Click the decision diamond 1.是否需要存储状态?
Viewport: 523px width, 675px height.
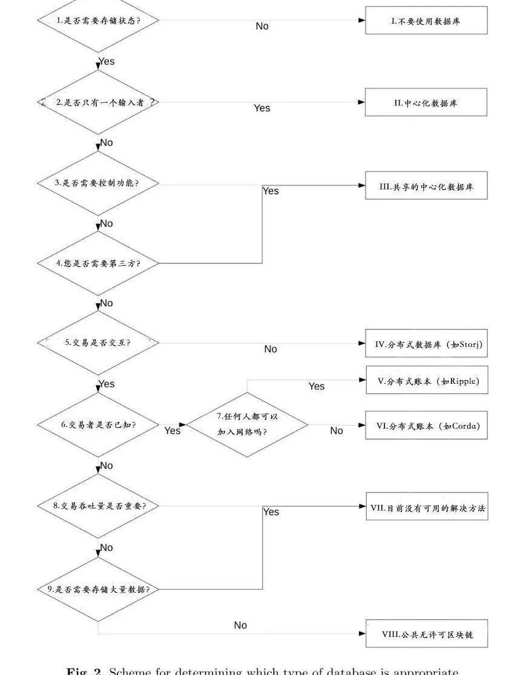[x=98, y=20]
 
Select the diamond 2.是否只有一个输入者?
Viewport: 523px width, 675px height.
[x=98, y=103]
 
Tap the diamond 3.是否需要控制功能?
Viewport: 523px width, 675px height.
[x=98, y=183]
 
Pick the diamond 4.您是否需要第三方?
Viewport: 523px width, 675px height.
[x=98, y=263]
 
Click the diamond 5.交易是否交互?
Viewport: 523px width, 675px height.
[x=98, y=343]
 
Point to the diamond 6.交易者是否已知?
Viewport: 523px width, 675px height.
[x=98, y=424]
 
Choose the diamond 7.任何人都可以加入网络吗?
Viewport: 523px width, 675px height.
[x=247, y=424]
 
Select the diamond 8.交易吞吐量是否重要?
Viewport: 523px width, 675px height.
[x=98, y=505]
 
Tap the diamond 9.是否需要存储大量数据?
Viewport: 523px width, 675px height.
[x=98, y=588]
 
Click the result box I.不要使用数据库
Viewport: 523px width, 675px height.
[x=426, y=20]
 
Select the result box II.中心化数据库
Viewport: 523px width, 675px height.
[x=426, y=102]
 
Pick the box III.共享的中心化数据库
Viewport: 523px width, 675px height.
[x=426, y=186]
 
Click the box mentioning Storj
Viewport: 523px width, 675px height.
[x=426, y=344]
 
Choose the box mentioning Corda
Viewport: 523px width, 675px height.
[x=426, y=426]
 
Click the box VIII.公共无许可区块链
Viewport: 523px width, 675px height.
[x=426, y=634]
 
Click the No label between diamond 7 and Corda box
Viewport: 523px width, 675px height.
[x=337, y=430]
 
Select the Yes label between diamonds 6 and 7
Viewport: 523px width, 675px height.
[x=173, y=430]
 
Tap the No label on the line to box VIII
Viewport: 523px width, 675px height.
[x=240, y=625]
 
